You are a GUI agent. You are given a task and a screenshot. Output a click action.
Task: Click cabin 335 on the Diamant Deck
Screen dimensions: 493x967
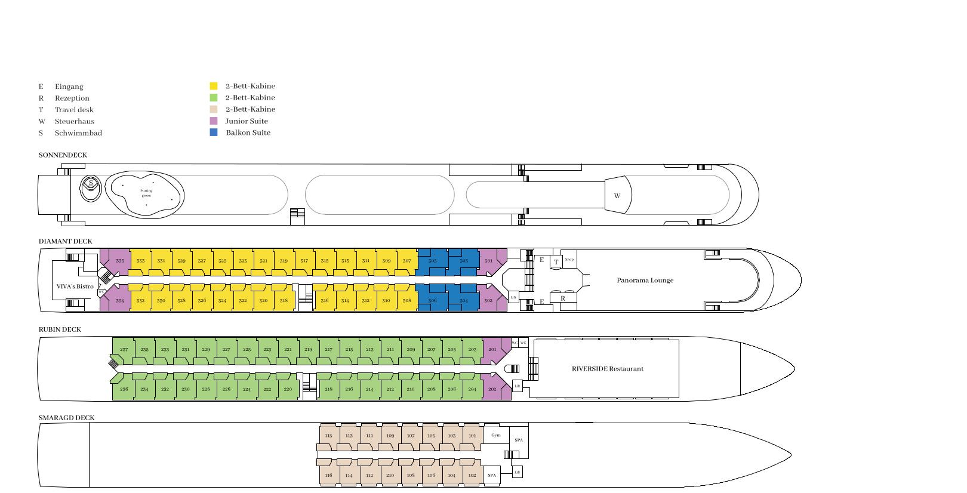[x=120, y=261]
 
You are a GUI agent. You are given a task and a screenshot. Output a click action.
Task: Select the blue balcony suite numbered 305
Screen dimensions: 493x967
[x=432, y=261]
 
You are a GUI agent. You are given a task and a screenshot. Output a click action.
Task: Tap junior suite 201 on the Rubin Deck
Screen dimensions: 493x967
[x=492, y=350]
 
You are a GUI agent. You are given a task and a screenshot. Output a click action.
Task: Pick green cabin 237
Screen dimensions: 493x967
[x=124, y=350]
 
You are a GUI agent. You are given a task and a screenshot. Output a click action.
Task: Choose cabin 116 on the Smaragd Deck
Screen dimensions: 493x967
[x=328, y=476]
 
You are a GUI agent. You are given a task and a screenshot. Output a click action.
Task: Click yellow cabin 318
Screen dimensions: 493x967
[x=284, y=301]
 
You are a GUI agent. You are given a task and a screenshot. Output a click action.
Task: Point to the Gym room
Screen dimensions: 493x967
[x=496, y=435]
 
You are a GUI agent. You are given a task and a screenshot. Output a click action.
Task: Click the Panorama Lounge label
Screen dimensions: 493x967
[x=645, y=281]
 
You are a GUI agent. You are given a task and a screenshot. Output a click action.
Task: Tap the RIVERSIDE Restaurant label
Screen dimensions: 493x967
[x=608, y=369]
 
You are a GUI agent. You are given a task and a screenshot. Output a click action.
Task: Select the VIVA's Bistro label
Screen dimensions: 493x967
[x=75, y=286]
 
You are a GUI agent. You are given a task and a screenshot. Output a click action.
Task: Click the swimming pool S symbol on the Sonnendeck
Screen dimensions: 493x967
[x=91, y=183]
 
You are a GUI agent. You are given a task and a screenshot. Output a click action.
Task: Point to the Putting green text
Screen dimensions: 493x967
[x=146, y=193]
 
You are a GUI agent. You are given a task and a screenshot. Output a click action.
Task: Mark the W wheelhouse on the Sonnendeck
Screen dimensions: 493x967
[x=617, y=196]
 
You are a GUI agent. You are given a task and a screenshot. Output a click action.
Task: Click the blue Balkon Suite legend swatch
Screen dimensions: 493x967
[x=214, y=133]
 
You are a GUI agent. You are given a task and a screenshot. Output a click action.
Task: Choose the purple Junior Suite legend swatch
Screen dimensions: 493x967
[x=214, y=121]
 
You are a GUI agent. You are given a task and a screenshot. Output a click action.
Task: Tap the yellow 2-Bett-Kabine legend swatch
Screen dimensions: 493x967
[x=214, y=86]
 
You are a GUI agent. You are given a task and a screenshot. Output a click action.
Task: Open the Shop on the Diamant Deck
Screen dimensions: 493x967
[x=569, y=260]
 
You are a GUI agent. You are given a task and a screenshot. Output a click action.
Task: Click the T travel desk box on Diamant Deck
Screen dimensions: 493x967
[x=556, y=262]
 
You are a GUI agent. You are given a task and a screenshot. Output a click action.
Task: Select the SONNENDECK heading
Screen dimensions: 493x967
[x=63, y=155]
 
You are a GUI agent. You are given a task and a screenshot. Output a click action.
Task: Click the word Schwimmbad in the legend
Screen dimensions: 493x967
[x=78, y=133]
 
